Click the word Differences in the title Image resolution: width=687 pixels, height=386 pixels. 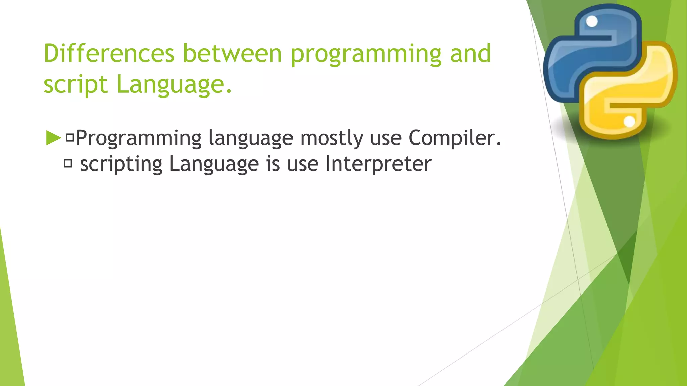click(109, 54)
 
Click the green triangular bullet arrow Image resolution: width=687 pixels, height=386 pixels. click(53, 138)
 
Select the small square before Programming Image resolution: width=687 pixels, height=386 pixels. click(70, 137)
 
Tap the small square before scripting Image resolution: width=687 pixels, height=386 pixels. click(68, 164)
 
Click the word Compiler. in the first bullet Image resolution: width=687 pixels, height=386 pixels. click(455, 138)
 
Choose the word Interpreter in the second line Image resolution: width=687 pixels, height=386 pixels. click(378, 164)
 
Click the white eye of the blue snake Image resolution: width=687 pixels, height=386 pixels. click(592, 22)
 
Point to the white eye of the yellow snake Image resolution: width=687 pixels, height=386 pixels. click(629, 122)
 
